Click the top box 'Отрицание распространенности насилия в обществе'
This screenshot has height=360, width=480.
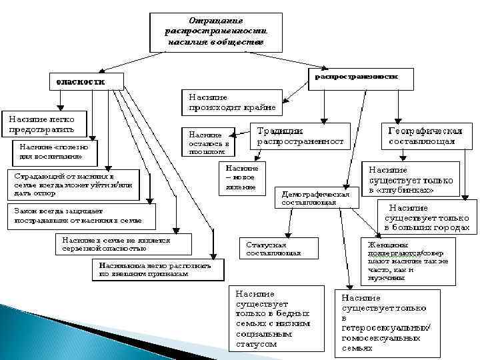(217, 31)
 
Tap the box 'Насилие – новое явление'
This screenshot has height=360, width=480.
(241, 177)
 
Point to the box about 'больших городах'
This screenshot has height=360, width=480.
(426, 217)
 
